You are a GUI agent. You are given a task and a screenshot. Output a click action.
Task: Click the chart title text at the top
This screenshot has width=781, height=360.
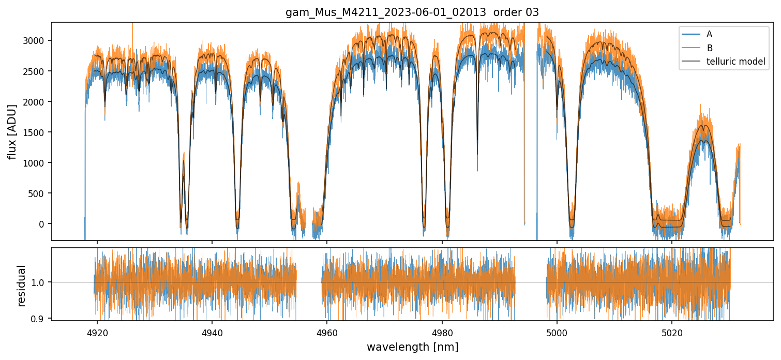point(412,12)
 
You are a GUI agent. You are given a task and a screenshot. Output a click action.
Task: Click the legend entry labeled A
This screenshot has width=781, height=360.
point(709,34)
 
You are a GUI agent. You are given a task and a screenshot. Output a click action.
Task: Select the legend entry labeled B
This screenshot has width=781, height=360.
point(710,48)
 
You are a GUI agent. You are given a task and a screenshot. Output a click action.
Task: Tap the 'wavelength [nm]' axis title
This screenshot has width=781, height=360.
point(412,347)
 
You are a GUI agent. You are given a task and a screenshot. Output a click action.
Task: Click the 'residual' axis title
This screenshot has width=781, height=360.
point(21,286)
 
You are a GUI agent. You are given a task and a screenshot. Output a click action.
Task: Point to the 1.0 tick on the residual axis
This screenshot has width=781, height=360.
point(40,282)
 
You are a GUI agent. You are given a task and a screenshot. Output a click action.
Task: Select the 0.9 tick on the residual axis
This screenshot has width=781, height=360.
point(40,319)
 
